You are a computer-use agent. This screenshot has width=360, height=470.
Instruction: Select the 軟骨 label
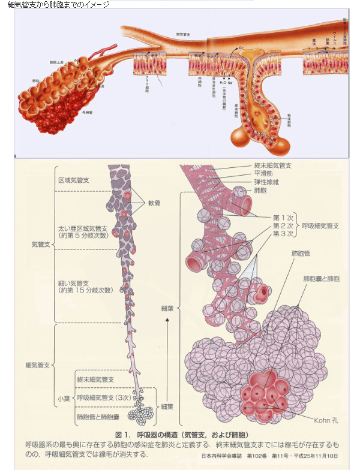point(155,203)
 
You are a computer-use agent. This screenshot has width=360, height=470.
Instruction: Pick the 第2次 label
point(283,225)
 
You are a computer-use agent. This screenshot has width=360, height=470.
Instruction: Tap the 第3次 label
point(283,234)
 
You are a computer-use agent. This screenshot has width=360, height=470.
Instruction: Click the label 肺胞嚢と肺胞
point(321,279)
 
